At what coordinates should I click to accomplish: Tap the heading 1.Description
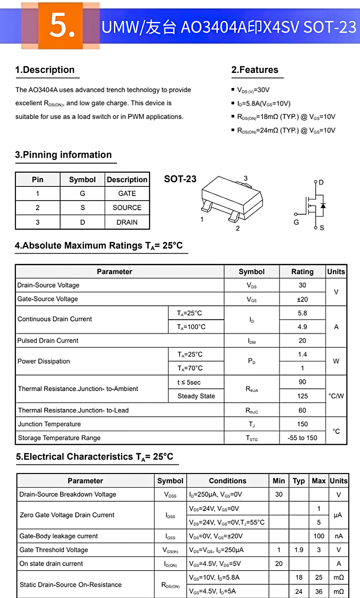pyautogui.click(x=45, y=70)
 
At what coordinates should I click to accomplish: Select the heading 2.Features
pyautogui.click(x=255, y=70)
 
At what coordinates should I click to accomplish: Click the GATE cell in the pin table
pyautogui.click(x=127, y=193)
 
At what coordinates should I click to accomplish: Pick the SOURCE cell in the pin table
pyautogui.click(x=127, y=207)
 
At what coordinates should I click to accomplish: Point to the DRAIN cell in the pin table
pyautogui.click(x=127, y=222)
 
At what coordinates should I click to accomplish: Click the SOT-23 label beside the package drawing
pyautogui.click(x=180, y=179)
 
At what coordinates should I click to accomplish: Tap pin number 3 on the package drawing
pyautogui.click(x=246, y=178)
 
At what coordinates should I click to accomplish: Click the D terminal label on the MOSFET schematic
pyautogui.click(x=321, y=182)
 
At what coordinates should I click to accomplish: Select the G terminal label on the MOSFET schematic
pyautogui.click(x=296, y=222)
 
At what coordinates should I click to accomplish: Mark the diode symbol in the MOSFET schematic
pyautogui.click(x=323, y=206)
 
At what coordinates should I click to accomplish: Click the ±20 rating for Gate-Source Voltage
pyautogui.click(x=302, y=299)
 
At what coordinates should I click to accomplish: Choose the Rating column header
pyautogui.click(x=302, y=272)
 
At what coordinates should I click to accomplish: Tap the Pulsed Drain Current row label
pyautogui.click(x=48, y=340)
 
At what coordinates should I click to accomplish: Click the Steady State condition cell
pyautogui.click(x=196, y=396)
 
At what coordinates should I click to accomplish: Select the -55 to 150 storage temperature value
pyautogui.click(x=302, y=438)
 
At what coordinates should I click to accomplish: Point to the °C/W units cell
pyautogui.click(x=336, y=396)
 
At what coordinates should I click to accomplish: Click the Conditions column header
pyautogui.click(x=227, y=481)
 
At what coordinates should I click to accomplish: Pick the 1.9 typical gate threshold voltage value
pyautogui.click(x=298, y=550)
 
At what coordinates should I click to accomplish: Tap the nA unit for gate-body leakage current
pyautogui.click(x=339, y=536)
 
